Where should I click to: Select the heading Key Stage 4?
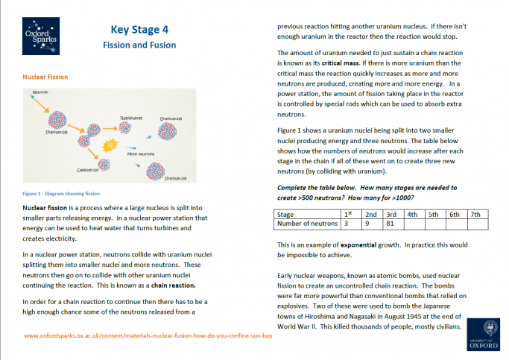(x=139, y=30)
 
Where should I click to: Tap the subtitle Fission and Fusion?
(x=139, y=45)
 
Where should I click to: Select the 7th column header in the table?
(x=475, y=213)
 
